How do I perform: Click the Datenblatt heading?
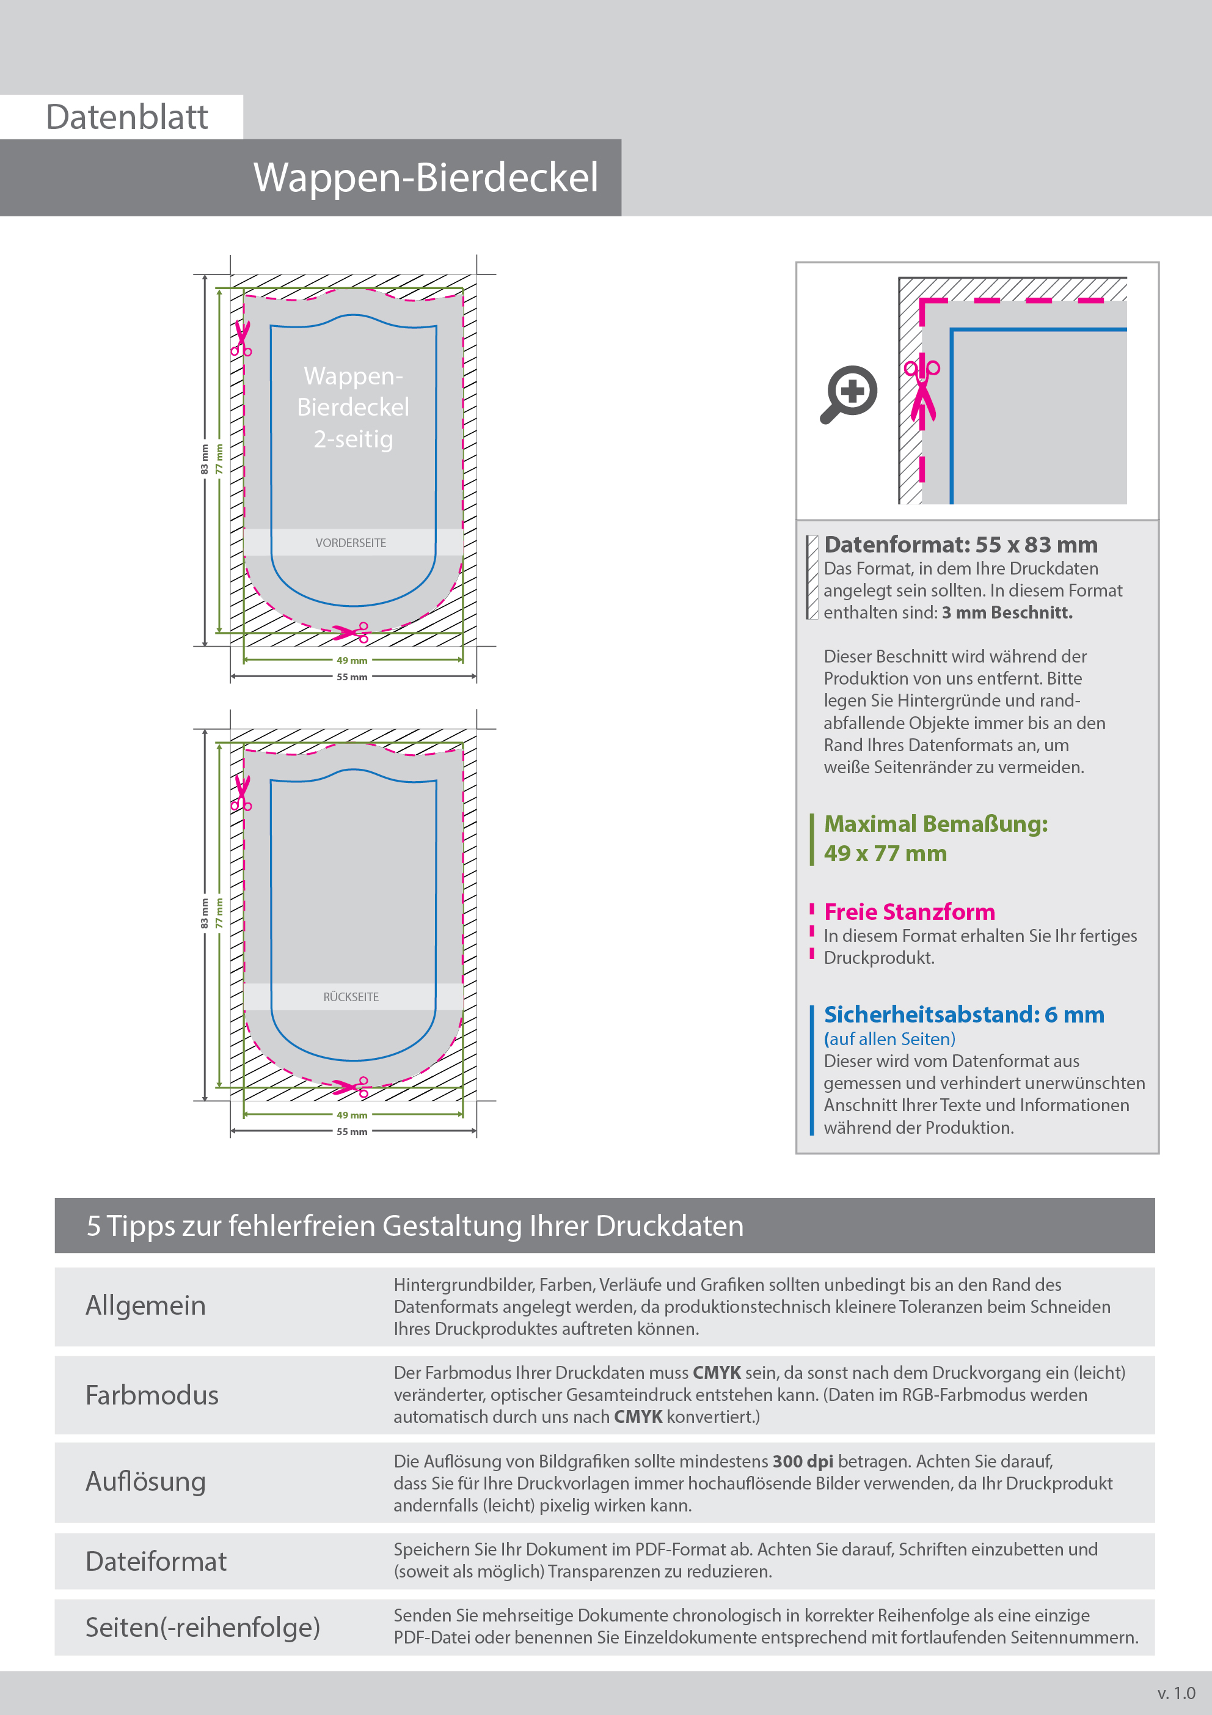[x=127, y=117]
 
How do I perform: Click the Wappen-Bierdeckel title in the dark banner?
[x=426, y=178]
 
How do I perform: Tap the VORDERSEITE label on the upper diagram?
[x=351, y=543]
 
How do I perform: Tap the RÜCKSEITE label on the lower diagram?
[x=351, y=997]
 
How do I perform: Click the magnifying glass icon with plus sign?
[x=850, y=393]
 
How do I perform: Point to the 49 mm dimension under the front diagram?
[x=352, y=660]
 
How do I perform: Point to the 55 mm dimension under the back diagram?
[x=352, y=1132]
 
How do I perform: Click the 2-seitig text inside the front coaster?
[x=353, y=439]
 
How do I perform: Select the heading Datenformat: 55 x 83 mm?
[x=960, y=545]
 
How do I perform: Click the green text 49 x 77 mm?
[x=885, y=853]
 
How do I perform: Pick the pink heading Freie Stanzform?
[x=909, y=912]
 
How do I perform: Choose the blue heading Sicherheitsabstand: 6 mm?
[x=963, y=1015]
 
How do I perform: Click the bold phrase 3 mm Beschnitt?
[x=1007, y=612]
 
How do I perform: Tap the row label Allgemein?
[x=145, y=1306]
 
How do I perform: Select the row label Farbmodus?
[x=151, y=1395]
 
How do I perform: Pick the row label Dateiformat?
[x=155, y=1561]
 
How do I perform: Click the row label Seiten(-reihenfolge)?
[x=202, y=1627]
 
